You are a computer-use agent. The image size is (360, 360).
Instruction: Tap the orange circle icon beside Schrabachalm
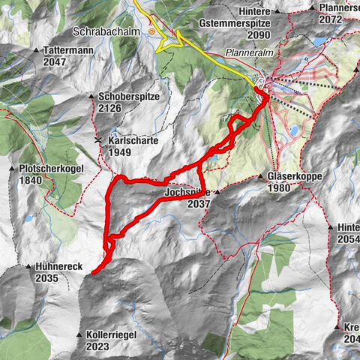tap(154, 32)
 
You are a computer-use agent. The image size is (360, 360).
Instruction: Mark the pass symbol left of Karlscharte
tap(97, 140)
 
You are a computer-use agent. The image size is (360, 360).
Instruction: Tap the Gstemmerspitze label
tap(235, 24)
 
